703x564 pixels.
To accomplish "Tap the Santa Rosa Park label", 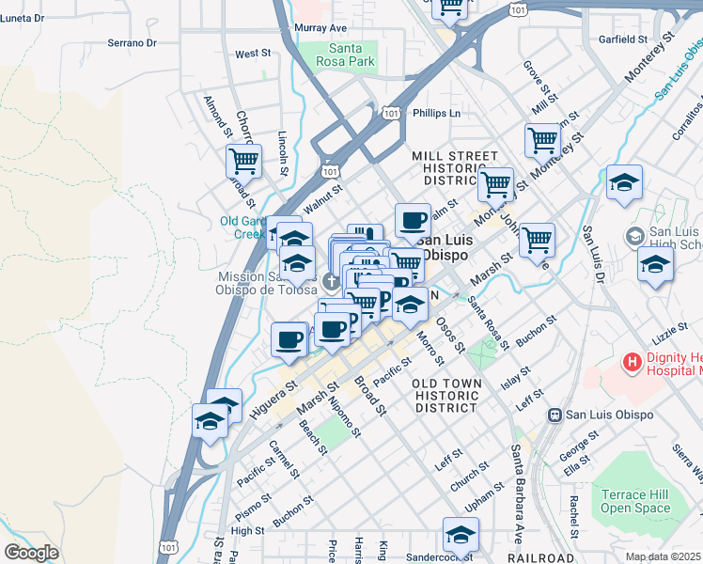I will point(351,55).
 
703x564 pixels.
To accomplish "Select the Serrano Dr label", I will point(131,43).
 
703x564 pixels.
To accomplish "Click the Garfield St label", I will point(623,40).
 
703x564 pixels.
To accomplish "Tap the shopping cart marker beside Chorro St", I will point(243,162).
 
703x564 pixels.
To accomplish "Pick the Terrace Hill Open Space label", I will point(636,501).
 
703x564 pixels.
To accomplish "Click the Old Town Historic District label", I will point(446,395).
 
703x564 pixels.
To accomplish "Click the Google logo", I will point(31,553).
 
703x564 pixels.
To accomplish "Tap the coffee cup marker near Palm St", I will point(413,222).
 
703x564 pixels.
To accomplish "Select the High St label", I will point(247,531).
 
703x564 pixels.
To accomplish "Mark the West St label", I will point(253,54).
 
